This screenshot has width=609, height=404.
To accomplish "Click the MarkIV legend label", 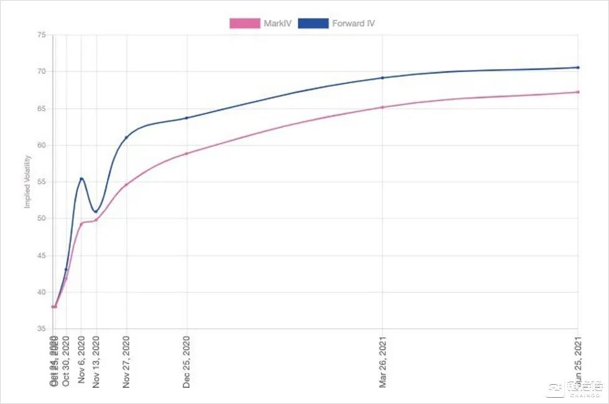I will [277, 24].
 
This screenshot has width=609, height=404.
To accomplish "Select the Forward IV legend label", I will [353, 24].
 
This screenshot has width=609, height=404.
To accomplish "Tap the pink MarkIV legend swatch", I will [244, 24].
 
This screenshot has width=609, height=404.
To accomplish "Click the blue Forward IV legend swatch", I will [313, 24].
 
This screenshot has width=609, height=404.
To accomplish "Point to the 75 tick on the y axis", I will [41, 35].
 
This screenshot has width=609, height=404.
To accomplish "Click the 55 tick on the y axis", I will [41, 182].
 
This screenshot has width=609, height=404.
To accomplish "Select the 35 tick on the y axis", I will [41, 329].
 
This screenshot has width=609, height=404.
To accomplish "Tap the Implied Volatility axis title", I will [27, 181].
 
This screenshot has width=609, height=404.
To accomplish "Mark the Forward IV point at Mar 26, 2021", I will [382, 78].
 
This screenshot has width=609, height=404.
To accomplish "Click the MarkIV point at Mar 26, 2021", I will [382, 107].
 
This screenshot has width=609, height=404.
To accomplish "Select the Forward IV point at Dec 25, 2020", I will [187, 118].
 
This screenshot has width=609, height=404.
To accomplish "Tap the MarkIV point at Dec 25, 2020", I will [187, 154].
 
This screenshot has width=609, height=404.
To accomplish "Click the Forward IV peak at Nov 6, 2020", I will [81, 179].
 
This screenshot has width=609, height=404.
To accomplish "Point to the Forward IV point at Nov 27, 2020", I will [126, 137].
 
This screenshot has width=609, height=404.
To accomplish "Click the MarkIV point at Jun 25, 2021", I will [578, 92].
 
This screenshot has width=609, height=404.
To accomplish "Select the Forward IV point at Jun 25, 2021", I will [578, 67].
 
